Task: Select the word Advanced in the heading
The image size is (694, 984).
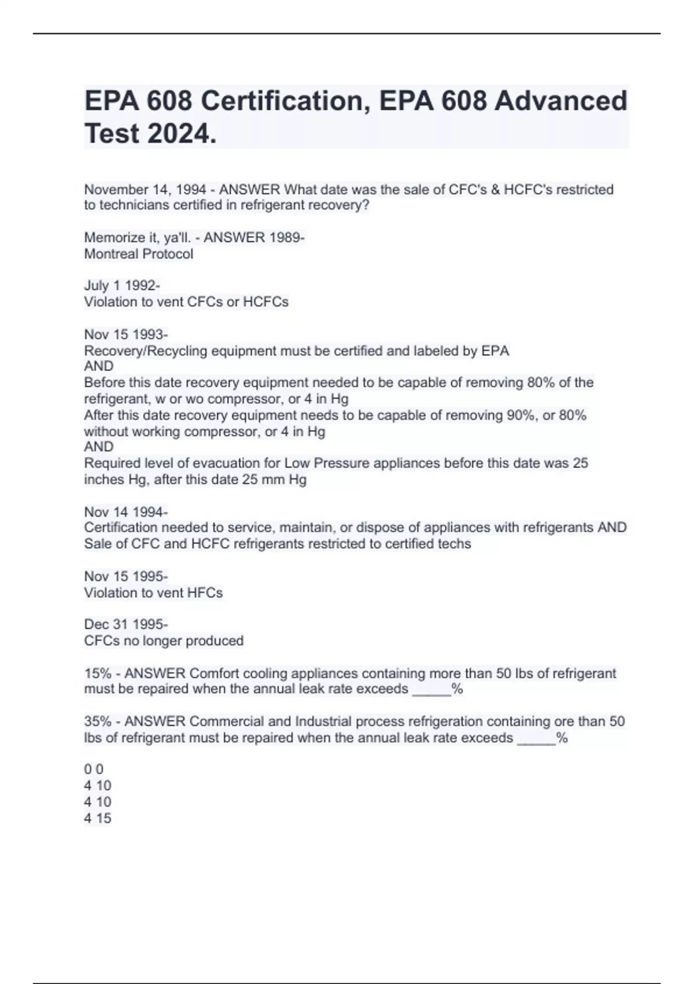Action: coord(560,101)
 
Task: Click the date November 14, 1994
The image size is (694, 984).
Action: coord(145,189)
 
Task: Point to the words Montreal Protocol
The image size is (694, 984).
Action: coord(139,254)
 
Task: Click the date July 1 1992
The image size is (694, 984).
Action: coord(121,285)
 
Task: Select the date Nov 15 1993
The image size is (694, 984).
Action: coord(125,335)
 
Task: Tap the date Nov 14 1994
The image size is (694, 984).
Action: coord(125,512)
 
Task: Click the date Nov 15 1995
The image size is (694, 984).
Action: coord(125,577)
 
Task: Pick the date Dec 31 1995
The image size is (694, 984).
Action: coord(125,625)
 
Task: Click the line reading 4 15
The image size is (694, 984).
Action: coord(98,818)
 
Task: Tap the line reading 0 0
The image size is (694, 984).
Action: coord(94,769)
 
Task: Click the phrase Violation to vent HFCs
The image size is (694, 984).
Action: coord(153,593)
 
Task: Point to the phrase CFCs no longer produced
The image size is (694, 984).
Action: coord(164,641)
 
